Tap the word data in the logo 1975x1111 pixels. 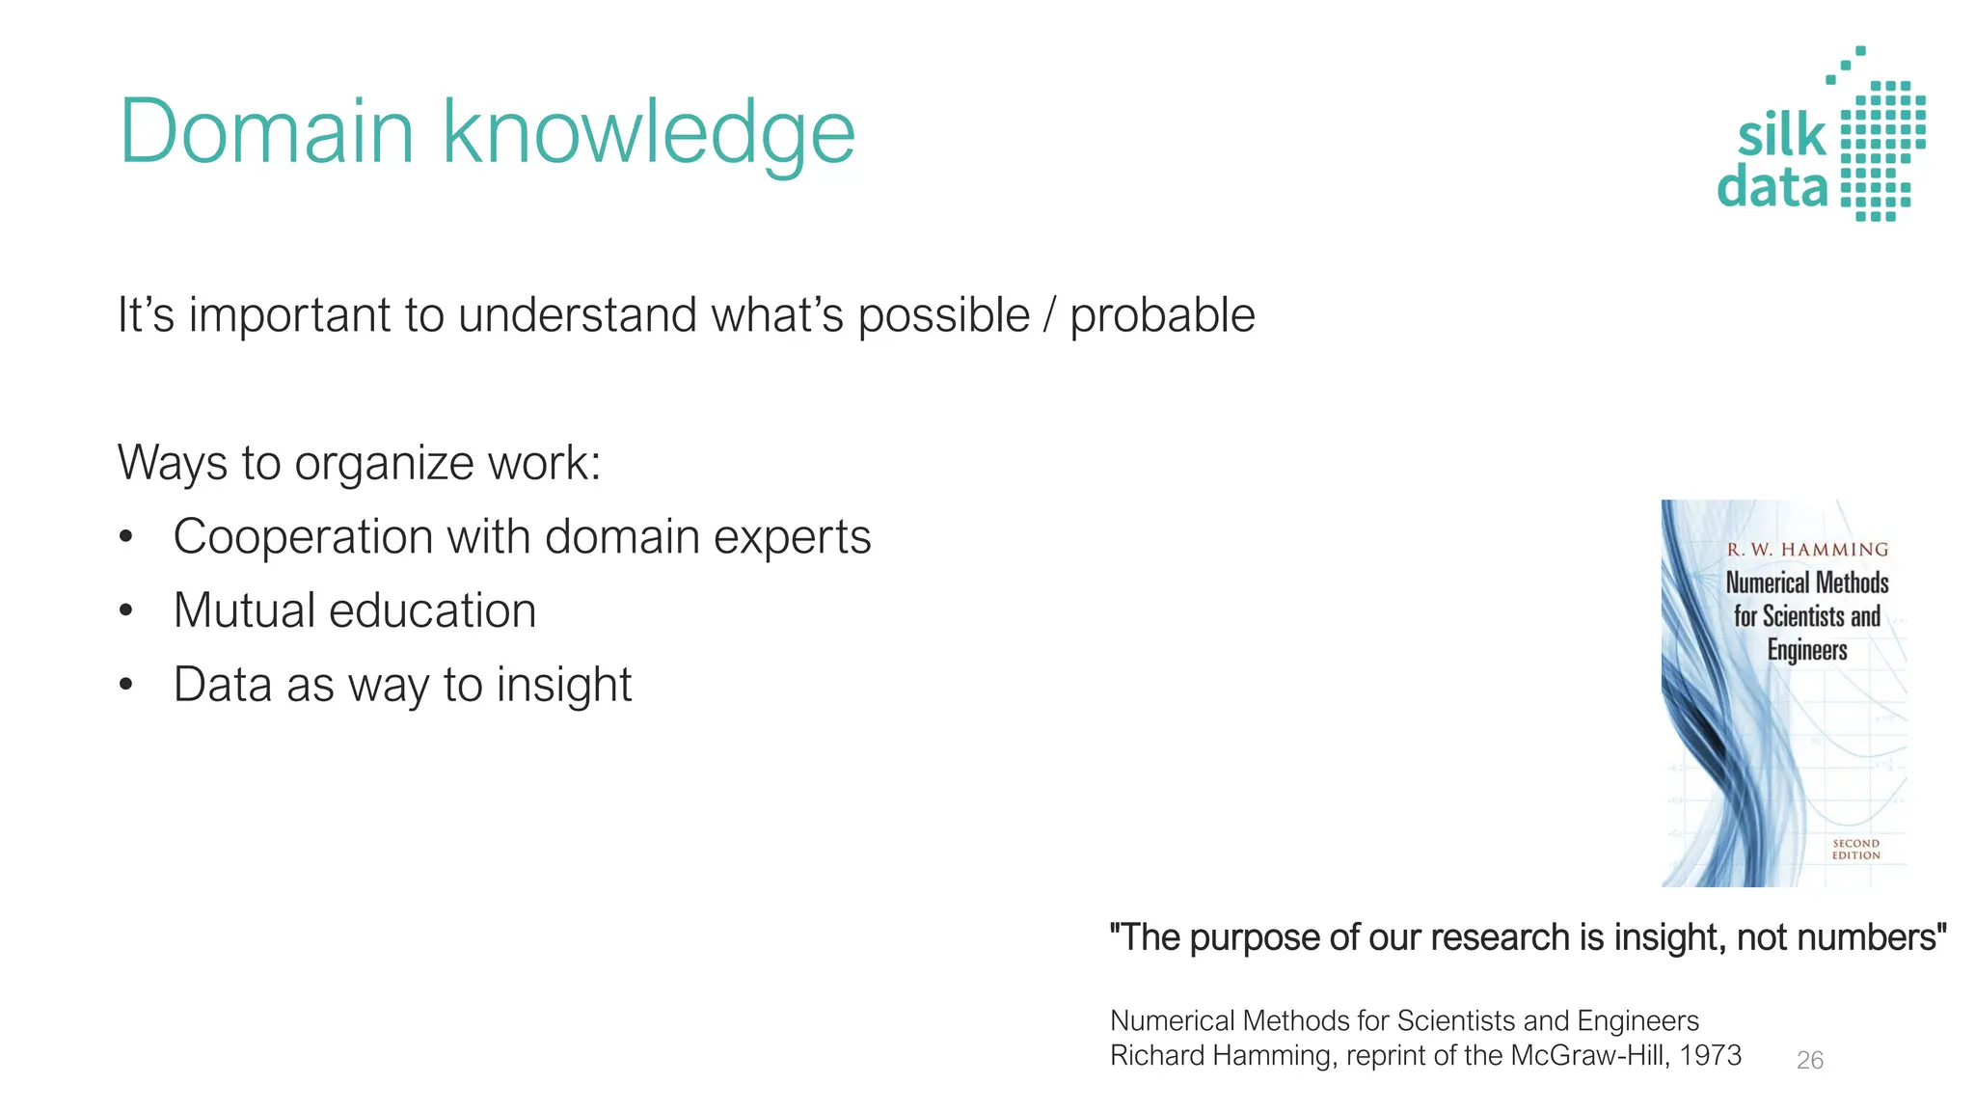[x=1772, y=186]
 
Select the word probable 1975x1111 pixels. [x=1162, y=315]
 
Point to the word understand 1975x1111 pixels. [x=578, y=315]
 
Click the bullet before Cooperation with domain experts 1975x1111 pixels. [x=125, y=537]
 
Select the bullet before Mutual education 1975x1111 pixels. [x=125, y=611]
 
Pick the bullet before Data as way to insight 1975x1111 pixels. [x=125, y=686]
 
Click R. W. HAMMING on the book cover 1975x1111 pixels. [x=1807, y=550]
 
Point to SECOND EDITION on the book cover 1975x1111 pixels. [x=1855, y=850]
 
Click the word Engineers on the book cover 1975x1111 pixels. [x=1807, y=650]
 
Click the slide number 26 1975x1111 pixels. [x=1810, y=1061]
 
